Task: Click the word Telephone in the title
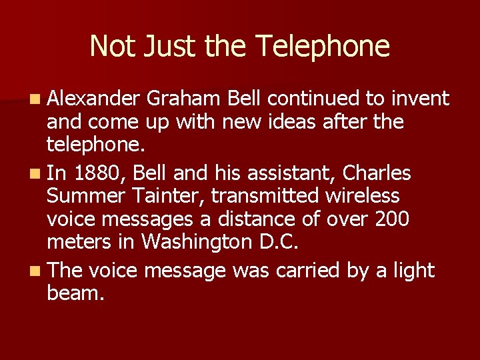pos(323,47)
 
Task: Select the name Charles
pos(377,173)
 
